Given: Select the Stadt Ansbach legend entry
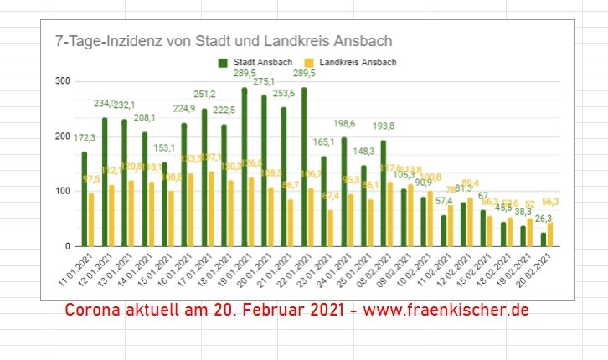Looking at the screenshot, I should click(256, 62).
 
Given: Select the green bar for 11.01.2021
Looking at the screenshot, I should click(84, 199).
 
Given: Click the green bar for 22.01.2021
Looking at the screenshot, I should click(304, 167).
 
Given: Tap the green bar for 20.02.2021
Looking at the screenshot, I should click(543, 239).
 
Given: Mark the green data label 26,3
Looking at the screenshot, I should click(542, 219).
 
